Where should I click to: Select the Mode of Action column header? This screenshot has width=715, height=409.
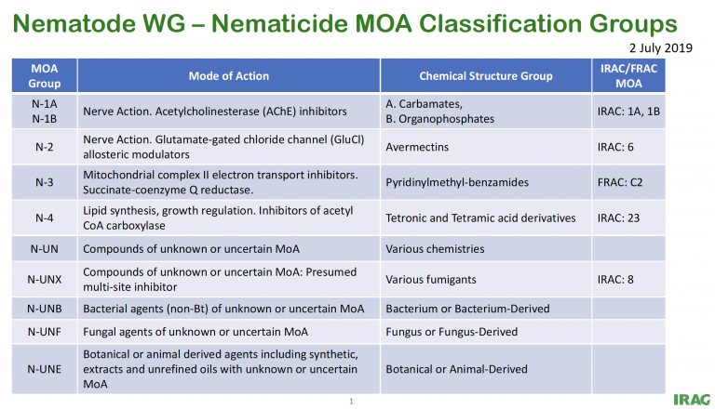(x=228, y=75)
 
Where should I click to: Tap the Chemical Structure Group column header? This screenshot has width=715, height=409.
(x=486, y=75)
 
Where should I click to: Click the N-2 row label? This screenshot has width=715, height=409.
(x=45, y=147)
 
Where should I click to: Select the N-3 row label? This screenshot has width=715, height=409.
(x=45, y=182)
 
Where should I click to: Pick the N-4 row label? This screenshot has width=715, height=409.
(x=45, y=218)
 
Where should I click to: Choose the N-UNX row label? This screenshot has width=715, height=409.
(x=45, y=278)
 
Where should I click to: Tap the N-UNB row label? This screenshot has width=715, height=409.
(x=45, y=308)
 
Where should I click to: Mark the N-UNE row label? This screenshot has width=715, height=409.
(x=45, y=369)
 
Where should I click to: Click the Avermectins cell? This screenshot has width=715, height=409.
(x=417, y=147)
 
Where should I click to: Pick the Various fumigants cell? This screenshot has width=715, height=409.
(x=430, y=278)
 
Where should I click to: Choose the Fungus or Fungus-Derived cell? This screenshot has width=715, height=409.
(x=451, y=332)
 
